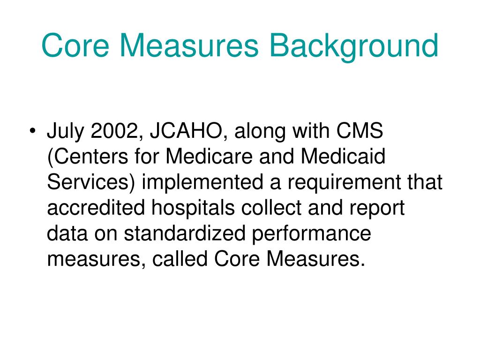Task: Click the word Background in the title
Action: pos(355,46)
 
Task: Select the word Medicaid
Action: pos(343,157)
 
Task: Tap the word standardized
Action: pos(185,233)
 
